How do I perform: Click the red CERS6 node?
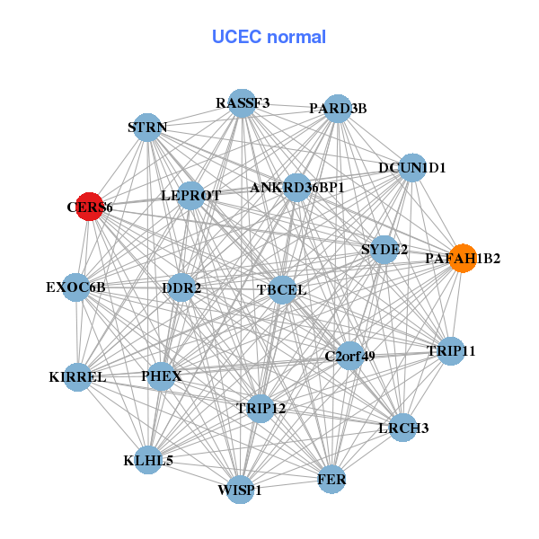coord(89,207)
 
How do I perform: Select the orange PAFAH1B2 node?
coord(462,258)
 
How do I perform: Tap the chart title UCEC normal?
coord(269,37)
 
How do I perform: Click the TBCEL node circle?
coord(282,289)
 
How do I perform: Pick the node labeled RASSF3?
coord(242,103)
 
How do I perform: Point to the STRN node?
coord(147,128)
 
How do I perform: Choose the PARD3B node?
coord(337,109)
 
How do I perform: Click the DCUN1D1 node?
coord(411,167)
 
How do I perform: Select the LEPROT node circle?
coord(190,195)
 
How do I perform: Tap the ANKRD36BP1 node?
coord(296,188)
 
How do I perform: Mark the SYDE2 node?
coord(384,249)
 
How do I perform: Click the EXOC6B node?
coord(76,287)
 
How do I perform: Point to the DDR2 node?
coord(181,287)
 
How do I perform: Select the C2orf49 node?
coord(349,356)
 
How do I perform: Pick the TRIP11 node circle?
coord(451,350)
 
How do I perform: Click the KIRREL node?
coord(77,377)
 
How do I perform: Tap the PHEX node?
coord(162,376)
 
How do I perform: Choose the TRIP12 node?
coord(261,408)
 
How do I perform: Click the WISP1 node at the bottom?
coord(240,490)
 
